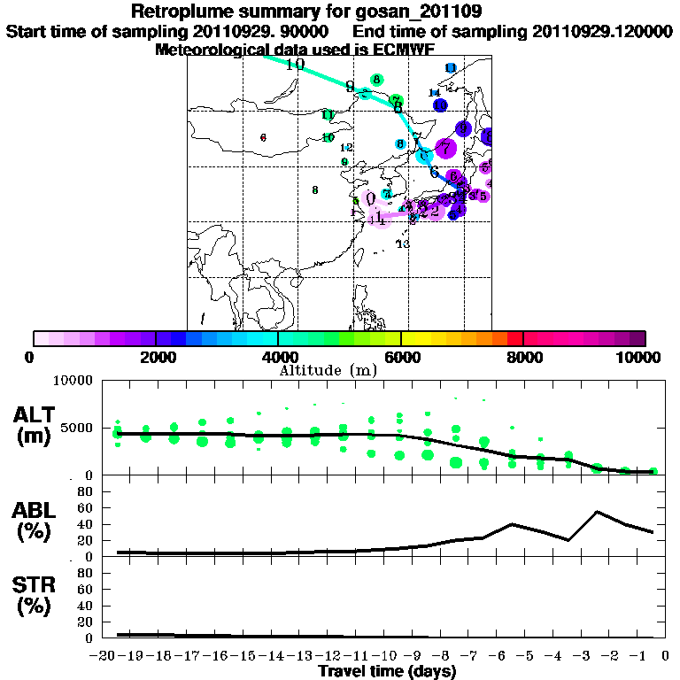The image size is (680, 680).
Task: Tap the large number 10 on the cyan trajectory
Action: tap(295, 64)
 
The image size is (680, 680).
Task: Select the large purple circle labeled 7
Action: tap(444, 148)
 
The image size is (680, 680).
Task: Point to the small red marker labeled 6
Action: tap(264, 137)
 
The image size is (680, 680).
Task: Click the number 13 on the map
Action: tap(403, 244)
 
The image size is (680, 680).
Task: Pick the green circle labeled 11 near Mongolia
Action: tap(328, 115)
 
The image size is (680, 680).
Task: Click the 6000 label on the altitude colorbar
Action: tap(402, 357)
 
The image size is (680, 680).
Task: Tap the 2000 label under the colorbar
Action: tap(155, 357)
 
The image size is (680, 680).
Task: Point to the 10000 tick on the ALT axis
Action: tap(73, 382)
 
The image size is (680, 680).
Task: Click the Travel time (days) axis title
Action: tap(387, 672)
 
